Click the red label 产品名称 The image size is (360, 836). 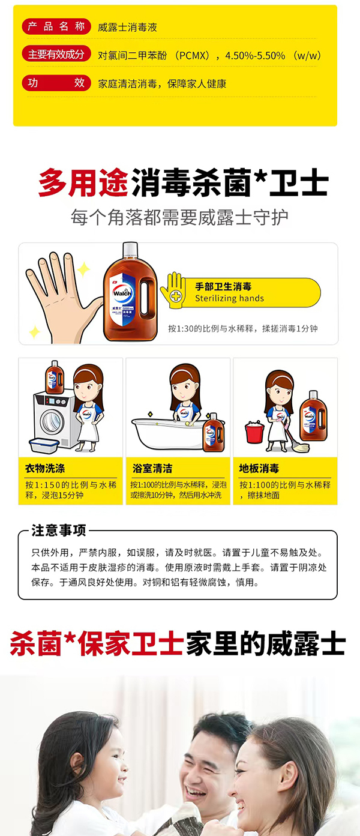click(x=56, y=26)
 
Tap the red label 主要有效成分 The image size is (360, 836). click(x=56, y=55)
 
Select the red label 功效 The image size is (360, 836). click(x=56, y=82)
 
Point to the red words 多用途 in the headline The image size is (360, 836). click(x=83, y=182)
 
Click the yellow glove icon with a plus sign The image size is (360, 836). click(x=173, y=290)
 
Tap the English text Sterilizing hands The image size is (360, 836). click(x=229, y=298)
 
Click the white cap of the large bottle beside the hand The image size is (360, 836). click(x=130, y=250)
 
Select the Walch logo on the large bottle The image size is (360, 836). click(x=122, y=292)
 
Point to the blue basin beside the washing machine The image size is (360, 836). click(x=44, y=446)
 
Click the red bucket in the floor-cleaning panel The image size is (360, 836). click(x=254, y=432)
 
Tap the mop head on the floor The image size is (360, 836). click(x=301, y=447)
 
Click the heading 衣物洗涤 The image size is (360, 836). click(x=45, y=468)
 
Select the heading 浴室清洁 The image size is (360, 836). click(x=152, y=468)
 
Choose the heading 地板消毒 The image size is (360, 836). click(x=259, y=468)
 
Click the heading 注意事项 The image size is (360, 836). click(x=59, y=531)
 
